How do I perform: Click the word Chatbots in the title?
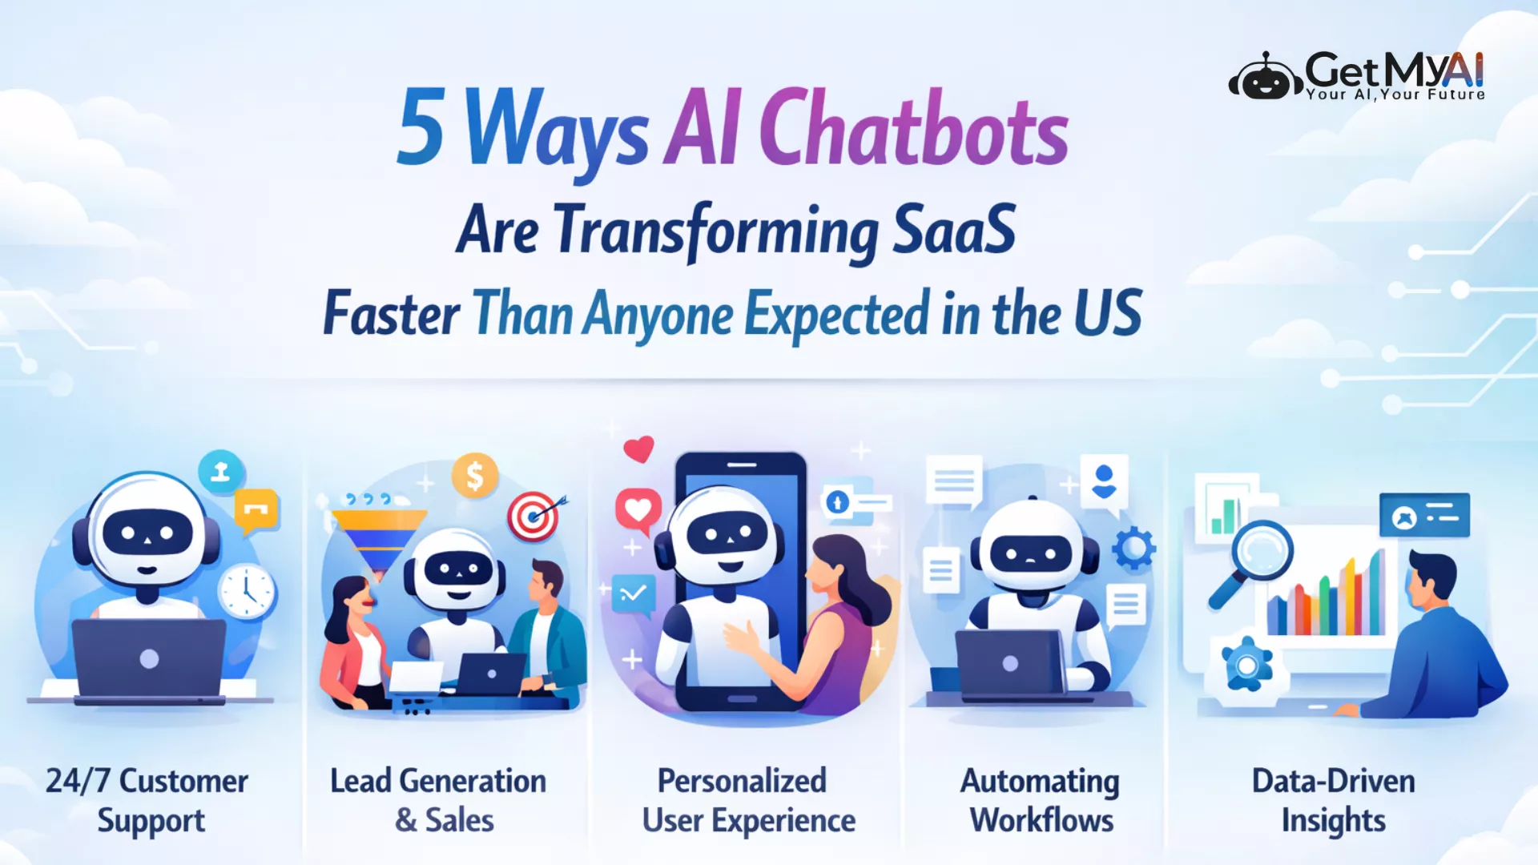pyautogui.click(x=913, y=128)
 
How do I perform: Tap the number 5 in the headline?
pyautogui.click(x=421, y=126)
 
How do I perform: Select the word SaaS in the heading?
pyautogui.click(x=954, y=229)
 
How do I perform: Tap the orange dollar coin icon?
pyautogui.click(x=475, y=476)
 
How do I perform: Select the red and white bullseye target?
pyautogui.click(x=534, y=516)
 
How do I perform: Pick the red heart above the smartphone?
pyautogui.click(x=639, y=449)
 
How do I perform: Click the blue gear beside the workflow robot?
pyautogui.click(x=1133, y=549)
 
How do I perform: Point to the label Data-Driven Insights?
pyautogui.click(x=1334, y=800)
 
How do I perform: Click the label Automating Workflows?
pyautogui.click(x=1041, y=800)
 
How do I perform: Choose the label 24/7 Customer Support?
pyautogui.click(x=147, y=800)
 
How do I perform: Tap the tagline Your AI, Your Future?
pyautogui.click(x=1395, y=95)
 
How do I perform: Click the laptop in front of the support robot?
pyautogui.click(x=149, y=660)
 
